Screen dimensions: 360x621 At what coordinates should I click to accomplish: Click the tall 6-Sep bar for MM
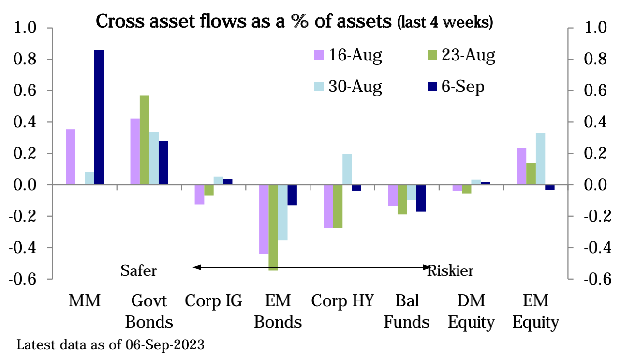coord(99,117)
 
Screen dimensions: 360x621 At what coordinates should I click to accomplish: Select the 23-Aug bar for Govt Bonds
coord(145,140)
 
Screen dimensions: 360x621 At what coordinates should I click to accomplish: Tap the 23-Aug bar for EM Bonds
coord(273,227)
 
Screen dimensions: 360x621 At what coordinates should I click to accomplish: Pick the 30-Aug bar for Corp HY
coord(347,169)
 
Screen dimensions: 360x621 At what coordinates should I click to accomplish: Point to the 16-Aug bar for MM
coord(70,157)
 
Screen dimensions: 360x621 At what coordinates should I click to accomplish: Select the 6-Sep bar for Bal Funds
coord(421,198)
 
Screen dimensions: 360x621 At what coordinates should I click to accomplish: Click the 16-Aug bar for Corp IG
coord(199,195)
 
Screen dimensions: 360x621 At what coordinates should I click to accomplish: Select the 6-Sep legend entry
coord(457,87)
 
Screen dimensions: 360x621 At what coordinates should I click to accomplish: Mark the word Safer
coord(138,270)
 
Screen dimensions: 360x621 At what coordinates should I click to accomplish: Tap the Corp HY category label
coord(342,301)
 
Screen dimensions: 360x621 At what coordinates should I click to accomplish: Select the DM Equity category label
coord(471,311)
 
